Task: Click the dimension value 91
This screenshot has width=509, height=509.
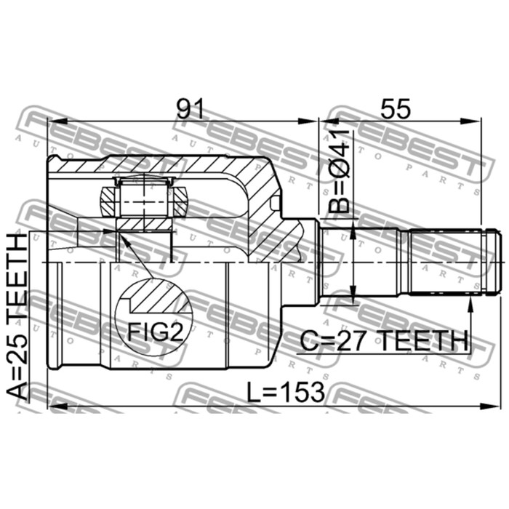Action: [191, 109]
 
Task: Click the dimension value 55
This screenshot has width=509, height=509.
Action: [396, 109]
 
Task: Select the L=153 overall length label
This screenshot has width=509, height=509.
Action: [286, 392]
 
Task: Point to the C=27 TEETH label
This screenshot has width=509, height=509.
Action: [385, 341]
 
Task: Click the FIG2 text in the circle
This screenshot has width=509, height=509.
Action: [156, 332]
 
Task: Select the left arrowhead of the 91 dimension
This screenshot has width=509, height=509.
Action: [57, 121]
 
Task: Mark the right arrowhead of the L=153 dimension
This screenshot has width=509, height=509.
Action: [489, 406]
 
